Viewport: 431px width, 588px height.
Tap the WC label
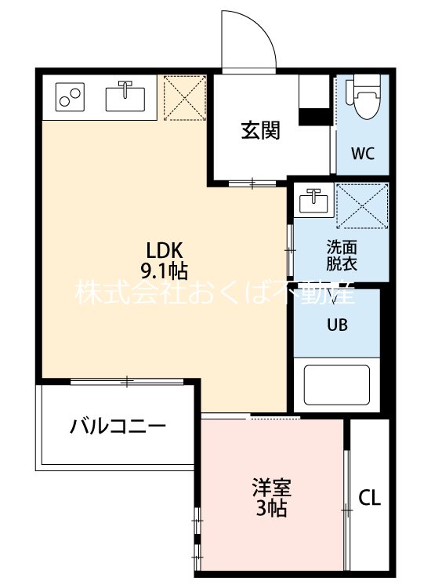(x=362, y=152)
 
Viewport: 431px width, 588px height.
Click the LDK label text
(x=164, y=251)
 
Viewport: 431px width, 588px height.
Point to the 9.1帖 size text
(x=164, y=272)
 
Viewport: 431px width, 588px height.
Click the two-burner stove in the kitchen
(x=69, y=98)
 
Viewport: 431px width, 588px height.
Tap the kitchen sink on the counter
(x=125, y=97)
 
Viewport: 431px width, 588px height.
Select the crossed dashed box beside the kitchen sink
(x=183, y=98)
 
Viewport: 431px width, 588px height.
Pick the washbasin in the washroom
(x=313, y=201)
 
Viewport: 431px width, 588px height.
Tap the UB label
(x=337, y=322)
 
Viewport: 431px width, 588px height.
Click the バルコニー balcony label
(x=118, y=427)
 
